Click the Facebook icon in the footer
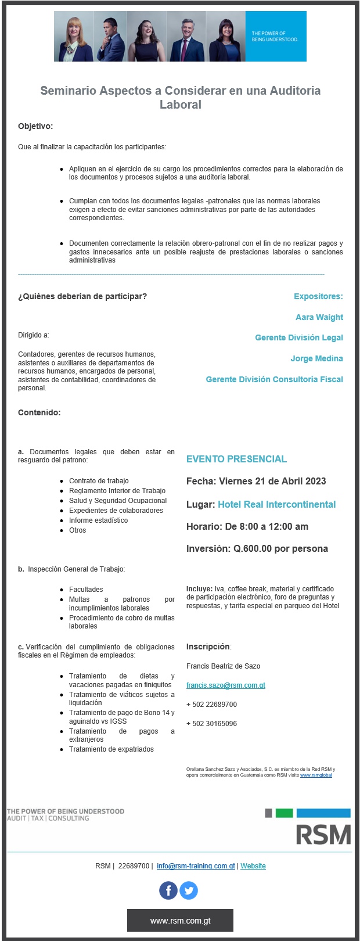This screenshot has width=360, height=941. coord(168,890)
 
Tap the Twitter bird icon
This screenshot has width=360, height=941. coord(189,890)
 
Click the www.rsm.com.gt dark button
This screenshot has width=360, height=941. coord(180,921)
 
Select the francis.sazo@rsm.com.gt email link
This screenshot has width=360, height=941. coord(225,685)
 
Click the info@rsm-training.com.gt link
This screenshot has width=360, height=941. coord(196,866)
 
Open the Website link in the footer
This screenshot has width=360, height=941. coord(253,866)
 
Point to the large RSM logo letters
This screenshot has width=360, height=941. coord(323,834)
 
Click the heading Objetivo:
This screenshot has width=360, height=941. coord(35,126)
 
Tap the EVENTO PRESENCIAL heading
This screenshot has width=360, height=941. coord(236,459)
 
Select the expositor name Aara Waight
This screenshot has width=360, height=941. coord(319,317)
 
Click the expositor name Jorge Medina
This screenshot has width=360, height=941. coord(316,358)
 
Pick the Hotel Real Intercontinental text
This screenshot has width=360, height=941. coord(276,504)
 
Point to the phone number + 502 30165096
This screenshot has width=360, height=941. coord(211,724)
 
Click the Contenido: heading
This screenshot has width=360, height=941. coord(39,412)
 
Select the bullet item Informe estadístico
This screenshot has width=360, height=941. coord(98,520)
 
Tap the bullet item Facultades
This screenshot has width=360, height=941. coord(86,590)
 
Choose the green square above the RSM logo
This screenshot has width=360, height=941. coord(284,813)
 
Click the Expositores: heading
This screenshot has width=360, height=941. coord(318,296)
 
